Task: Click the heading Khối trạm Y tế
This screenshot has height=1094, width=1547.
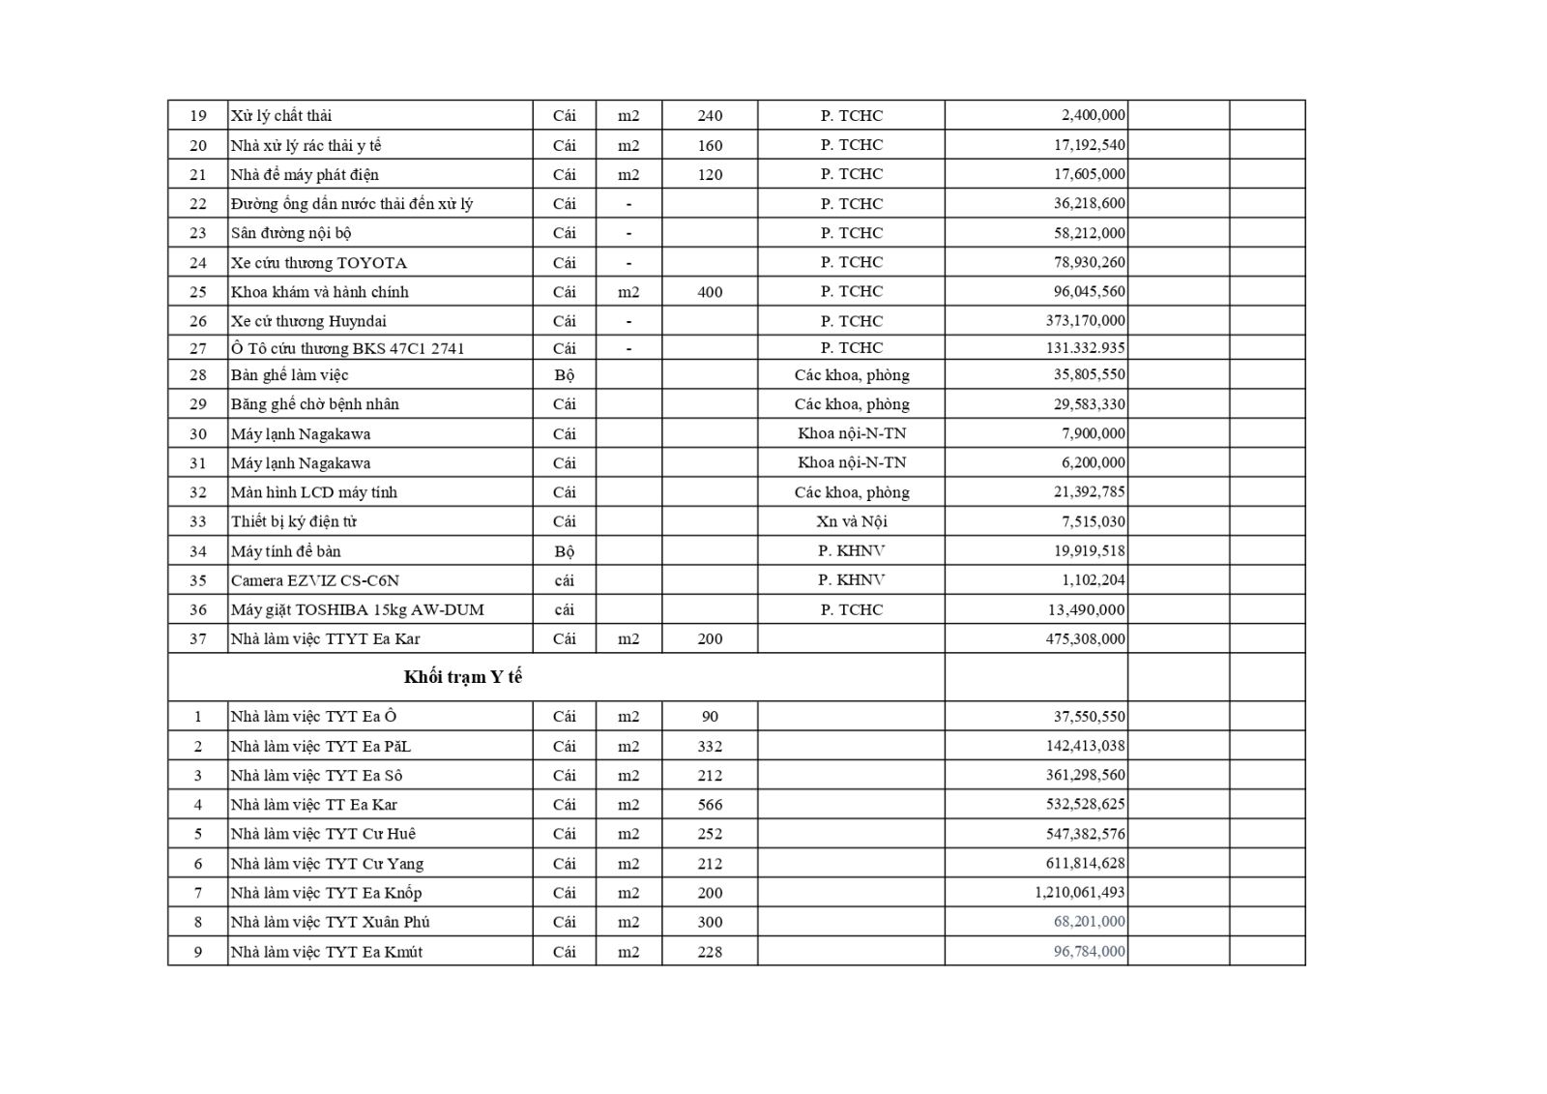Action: (x=462, y=677)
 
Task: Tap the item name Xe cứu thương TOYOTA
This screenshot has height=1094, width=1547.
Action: (x=318, y=262)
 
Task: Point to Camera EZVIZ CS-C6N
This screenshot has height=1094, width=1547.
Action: (x=314, y=580)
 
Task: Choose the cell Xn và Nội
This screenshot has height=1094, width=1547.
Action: (x=851, y=521)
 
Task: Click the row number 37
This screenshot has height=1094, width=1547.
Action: (x=197, y=638)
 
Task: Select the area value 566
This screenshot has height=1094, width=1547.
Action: (x=710, y=804)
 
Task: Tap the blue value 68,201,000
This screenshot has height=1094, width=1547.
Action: (x=1089, y=921)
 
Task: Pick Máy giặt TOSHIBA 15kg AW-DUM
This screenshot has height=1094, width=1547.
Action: (x=357, y=609)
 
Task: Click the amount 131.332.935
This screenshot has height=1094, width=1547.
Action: (x=1085, y=347)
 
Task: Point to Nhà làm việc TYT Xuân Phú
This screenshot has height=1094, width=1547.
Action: (x=330, y=922)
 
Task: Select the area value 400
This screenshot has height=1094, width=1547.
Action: (x=710, y=291)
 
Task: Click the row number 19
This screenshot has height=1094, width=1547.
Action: (x=197, y=115)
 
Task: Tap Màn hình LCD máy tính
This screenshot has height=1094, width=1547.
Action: (x=313, y=492)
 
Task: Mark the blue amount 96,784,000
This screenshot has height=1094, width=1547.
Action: (x=1089, y=951)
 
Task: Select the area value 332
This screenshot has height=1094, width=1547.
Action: (x=710, y=746)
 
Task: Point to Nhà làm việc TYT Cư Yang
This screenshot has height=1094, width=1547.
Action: (x=326, y=863)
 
